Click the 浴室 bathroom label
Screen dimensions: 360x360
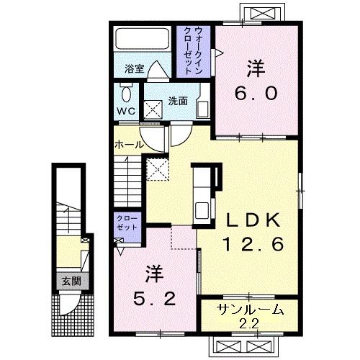tap(135, 69)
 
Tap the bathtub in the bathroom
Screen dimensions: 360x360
tap(143, 39)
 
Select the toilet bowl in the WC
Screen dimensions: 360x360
tap(126, 93)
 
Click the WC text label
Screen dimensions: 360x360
tap(126, 111)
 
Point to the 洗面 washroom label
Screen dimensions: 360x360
tap(178, 101)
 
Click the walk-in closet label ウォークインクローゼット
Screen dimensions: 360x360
tap(194, 51)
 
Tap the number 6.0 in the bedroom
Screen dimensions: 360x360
tap(256, 94)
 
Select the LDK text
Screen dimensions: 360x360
tap(253, 220)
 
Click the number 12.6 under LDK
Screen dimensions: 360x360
tap(253, 244)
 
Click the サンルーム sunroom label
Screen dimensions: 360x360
tap(251, 310)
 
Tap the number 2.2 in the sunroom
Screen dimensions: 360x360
tap(251, 324)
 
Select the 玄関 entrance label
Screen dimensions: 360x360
tap(71, 282)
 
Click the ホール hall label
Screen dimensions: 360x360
tap(130, 145)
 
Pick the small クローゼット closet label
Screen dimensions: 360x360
tap(127, 222)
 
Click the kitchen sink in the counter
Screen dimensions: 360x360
tap(202, 210)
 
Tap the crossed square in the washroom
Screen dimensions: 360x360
tap(153, 110)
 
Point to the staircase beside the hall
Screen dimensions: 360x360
tap(127, 181)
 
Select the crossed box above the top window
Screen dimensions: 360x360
tap(262, 14)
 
